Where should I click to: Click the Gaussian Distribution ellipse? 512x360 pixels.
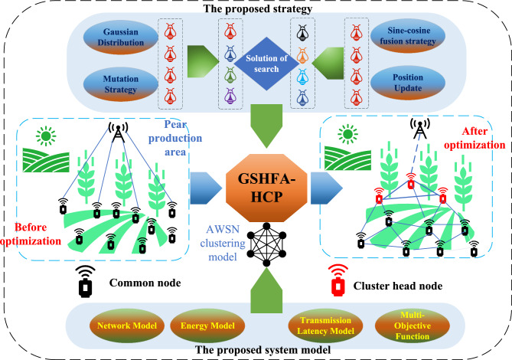[120, 37]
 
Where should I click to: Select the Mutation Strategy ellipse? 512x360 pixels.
[120, 84]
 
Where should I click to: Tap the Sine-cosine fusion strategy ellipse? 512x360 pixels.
[408, 35]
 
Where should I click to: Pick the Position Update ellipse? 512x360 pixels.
[408, 83]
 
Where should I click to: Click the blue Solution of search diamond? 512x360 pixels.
[266, 64]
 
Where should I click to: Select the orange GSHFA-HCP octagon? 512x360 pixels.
[266, 188]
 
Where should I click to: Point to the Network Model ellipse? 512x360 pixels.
[127, 326]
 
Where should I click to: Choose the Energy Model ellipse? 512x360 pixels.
[207, 326]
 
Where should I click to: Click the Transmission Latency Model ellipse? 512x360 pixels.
[325, 326]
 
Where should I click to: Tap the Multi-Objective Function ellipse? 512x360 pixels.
[412, 326]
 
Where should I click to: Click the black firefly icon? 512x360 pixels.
[302, 33]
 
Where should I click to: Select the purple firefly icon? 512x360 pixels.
[230, 96]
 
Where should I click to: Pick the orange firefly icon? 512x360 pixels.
[302, 55]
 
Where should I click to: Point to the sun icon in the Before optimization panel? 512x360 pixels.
[46, 136]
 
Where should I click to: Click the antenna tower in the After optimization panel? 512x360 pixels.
[420, 128]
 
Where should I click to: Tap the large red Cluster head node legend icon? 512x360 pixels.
[338, 280]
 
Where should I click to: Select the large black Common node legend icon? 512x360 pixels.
[85, 281]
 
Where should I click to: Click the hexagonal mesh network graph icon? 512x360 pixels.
[266, 244]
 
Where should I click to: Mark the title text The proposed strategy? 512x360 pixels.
[258, 8]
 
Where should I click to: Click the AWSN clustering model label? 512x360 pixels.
[223, 243]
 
